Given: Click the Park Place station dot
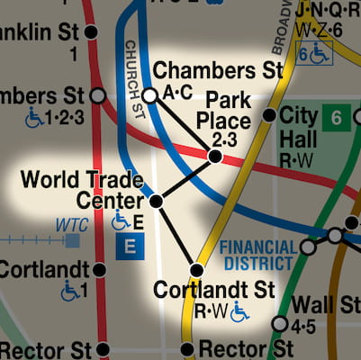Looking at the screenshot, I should pos(214,157).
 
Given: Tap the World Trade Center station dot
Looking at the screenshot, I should pos(157,202).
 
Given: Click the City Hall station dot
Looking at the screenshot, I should pos(268,115).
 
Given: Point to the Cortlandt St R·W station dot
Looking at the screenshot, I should pos(197,269).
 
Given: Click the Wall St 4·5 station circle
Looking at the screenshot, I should pos(280,323).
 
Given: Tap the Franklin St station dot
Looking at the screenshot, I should pos(91,32).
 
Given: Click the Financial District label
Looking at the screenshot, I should pos(257,255).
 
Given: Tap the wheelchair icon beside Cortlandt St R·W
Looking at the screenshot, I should pos(239,312).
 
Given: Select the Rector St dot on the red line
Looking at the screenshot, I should pos(104,349).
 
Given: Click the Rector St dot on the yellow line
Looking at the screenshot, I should pos(186,349).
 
